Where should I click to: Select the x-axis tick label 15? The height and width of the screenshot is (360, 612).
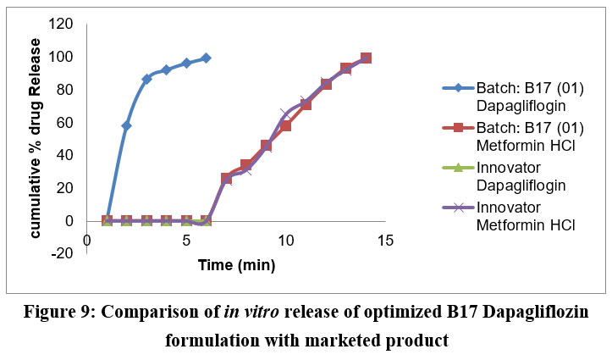coord(385,241)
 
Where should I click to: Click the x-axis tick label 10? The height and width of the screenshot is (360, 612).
coord(285,241)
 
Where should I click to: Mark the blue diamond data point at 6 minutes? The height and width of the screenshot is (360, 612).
coord(206,58)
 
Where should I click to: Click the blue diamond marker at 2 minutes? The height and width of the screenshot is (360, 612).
coord(126,125)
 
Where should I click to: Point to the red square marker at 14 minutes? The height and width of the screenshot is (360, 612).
coord(366,58)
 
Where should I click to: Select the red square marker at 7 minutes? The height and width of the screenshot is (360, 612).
coord(226,178)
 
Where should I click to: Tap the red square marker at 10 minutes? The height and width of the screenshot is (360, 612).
coord(286,125)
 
